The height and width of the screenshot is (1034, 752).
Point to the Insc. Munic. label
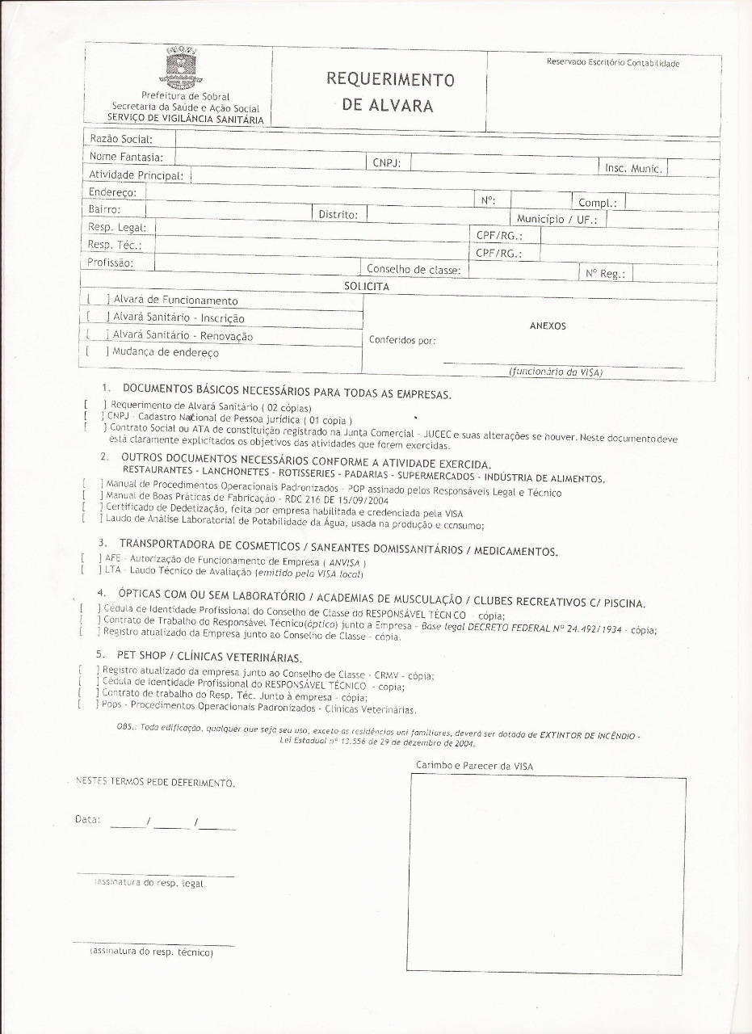tap(633, 168)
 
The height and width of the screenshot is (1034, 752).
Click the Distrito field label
tap(338, 215)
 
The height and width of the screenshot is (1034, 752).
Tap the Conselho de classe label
tap(414, 270)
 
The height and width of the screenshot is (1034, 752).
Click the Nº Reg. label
tap(606, 274)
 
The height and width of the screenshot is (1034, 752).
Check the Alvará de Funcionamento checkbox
tap(97, 301)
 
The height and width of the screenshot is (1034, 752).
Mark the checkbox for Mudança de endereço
tap(96, 352)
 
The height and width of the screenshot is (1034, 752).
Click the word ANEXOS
tap(547, 326)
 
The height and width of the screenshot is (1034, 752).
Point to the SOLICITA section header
tap(367, 287)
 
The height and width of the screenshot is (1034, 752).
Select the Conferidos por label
tap(402, 340)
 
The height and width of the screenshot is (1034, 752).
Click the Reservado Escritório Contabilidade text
tap(613, 63)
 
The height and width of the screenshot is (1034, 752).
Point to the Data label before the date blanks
tap(87, 819)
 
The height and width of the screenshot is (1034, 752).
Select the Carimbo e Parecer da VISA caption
tap(474, 765)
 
